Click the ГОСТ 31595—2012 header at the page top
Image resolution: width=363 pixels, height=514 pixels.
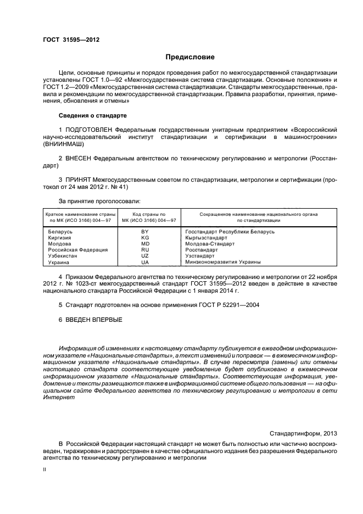(x=71, y=40)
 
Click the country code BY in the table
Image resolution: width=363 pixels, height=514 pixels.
(x=145, y=232)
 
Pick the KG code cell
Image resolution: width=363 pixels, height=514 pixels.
(x=145, y=238)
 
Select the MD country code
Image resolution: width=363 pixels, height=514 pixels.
(x=145, y=244)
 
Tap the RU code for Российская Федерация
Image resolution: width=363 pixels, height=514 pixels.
(x=145, y=250)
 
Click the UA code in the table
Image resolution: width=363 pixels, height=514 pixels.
(x=145, y=262)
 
